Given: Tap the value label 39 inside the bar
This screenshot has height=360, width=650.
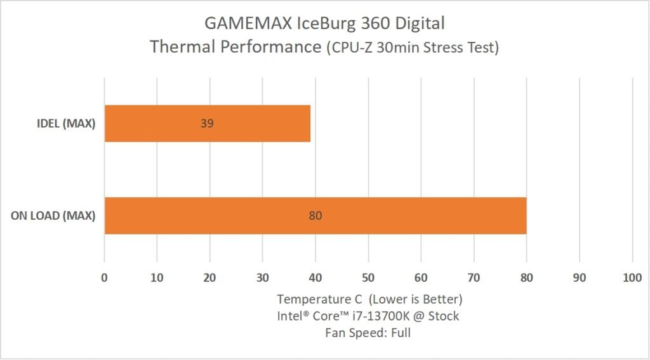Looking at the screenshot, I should point(207,123).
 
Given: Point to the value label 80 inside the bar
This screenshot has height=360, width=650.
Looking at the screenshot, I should point(315,216).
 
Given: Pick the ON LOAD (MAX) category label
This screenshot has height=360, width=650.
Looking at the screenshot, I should point(53,216).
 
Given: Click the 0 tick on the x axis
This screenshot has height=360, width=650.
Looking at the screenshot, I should point(105,277).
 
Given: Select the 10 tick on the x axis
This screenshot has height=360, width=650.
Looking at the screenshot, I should point(157,277).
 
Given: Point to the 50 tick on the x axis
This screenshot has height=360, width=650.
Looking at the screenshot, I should point(368,277).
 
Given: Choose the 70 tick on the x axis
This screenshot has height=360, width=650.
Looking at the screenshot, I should point(474,277).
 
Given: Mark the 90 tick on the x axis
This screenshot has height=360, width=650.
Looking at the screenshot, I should point(579,277).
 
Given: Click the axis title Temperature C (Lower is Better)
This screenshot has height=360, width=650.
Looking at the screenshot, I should point(369,298).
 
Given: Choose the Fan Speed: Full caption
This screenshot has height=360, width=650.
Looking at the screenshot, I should point(369,333).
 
